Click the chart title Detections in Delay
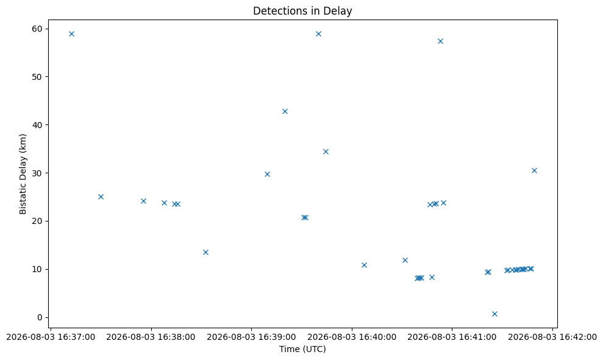tap(302, 11)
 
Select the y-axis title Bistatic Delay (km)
tap(23, 174)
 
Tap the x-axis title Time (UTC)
tap(302, 349)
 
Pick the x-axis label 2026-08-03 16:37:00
tap(51, 337)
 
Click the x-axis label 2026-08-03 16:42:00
tap(552, 337)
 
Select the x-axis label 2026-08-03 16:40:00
tap(352, 337)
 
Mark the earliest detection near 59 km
tap(71, 34)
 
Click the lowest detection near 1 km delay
tap(494, 314)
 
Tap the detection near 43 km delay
tap(285, 111)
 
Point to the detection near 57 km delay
tap(441, 41)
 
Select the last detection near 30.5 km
tap(534, 171)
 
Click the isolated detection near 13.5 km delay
tap(205, 252)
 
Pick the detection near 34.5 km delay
tap(326, 152)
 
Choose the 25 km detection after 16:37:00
tap(101, 196)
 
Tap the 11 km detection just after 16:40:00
tap(364, 265)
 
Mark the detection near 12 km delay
tap(405, 261)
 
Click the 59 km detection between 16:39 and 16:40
tap(318, 34)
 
